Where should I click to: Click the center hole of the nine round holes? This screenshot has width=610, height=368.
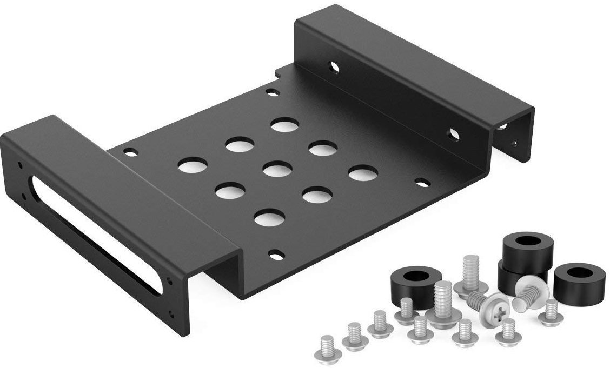point(277,170)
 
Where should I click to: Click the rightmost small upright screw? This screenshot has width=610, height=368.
point(551,313)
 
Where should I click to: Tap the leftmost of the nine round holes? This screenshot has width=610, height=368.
point(193,165)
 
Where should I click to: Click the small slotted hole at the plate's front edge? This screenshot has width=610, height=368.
point(276,252)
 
